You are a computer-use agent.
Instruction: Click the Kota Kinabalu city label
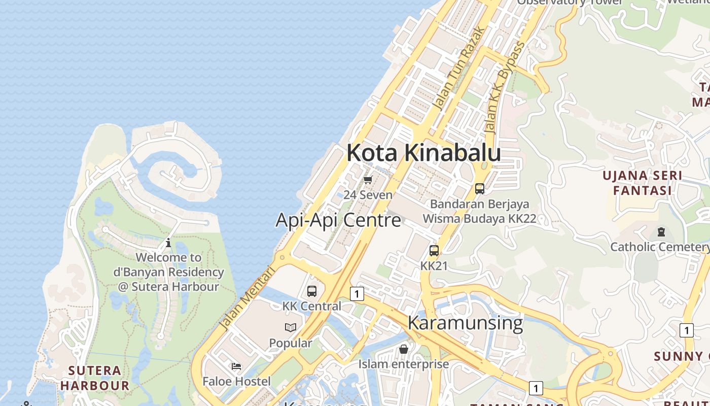click(x=423, y=153)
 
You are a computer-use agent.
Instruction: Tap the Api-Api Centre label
click(x=338, y=220)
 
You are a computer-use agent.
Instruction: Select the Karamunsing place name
click(x=465, y=323)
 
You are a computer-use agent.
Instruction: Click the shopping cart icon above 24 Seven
click(x=368, y=180)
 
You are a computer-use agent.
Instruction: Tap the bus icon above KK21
click(x=434, y=250)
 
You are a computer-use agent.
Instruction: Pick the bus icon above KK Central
click(x=312, y=291)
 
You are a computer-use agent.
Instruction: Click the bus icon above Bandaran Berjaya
click(x=480, y=189)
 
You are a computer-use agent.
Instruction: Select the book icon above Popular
click(x=291, y=328)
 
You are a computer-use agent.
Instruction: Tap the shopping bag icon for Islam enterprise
click(x=404, y=349)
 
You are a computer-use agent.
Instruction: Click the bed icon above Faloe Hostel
click(x=236, y=366)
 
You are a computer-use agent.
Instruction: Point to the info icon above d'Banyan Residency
click(x=168, y=243)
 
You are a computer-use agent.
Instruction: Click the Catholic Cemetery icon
click(x=661, y=232)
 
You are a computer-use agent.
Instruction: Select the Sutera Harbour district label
click(x=95, y=378)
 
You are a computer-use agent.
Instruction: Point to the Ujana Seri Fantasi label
click(x=642, y=183)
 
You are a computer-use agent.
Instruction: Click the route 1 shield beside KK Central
click(x=358, y=294)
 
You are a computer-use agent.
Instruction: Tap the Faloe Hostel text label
click(x=236, y=381)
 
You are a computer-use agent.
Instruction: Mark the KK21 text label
click(x=434, y=265)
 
